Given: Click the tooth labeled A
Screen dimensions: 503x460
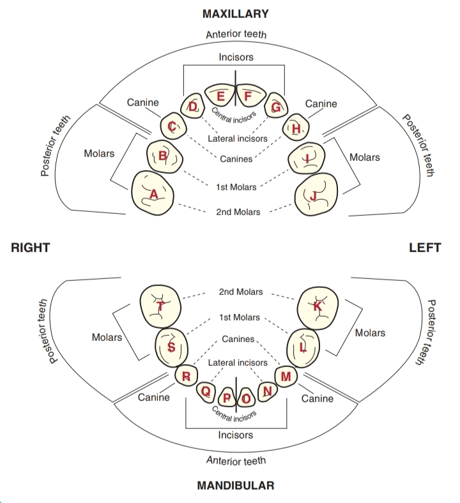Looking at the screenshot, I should point(153,192).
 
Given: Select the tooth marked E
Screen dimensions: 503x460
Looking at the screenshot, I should point(220,97).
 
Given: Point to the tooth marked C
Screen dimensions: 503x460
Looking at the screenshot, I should point(172,127).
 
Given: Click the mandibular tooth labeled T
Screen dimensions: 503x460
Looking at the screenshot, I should point(160,306).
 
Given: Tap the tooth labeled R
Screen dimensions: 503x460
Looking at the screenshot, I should point(186,376).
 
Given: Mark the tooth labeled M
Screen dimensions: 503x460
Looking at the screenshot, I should point(286,377).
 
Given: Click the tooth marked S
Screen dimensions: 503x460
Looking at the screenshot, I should point(171,347).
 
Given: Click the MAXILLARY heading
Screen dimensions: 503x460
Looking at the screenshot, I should point(236,13).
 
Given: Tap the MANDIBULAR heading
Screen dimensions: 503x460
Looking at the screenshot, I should point(236,486).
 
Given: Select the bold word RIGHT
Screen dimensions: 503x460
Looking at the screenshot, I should point(31,248).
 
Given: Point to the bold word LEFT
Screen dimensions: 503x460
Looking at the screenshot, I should point(425,248).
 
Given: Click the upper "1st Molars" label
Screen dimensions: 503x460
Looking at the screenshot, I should point(236,187).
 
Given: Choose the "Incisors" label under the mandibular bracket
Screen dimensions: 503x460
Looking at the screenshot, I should point(236,435).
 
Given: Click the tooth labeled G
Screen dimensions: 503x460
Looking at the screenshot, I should point(276,107).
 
